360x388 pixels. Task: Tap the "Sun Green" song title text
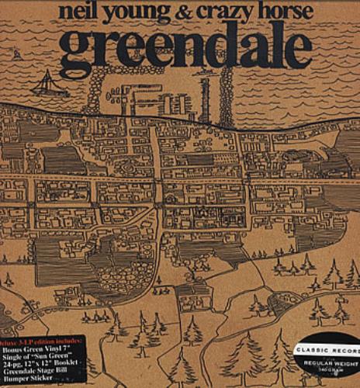pos(62,358)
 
